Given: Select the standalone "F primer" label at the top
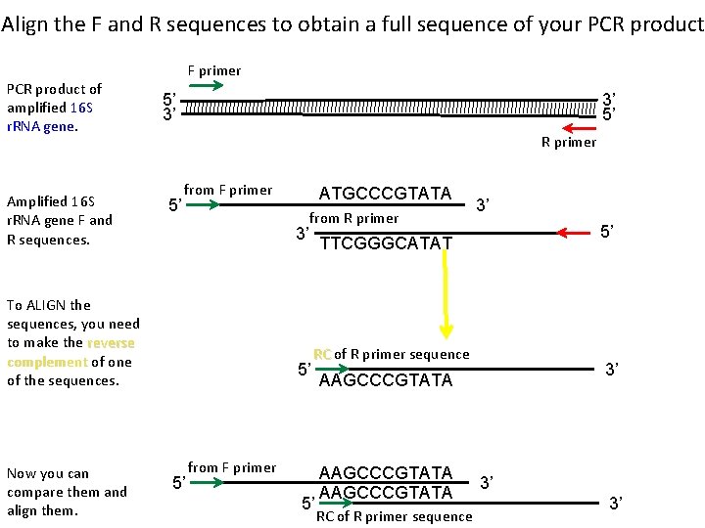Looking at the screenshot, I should [213, 70].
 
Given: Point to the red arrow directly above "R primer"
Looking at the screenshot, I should [578, 127].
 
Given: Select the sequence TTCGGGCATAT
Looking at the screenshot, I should [386, 242].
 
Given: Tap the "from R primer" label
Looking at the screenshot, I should [354, 218].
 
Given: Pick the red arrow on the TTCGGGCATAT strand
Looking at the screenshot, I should [575, 233].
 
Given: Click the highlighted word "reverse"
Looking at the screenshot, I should [111, 343].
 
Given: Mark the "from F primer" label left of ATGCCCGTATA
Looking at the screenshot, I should [228, 190].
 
